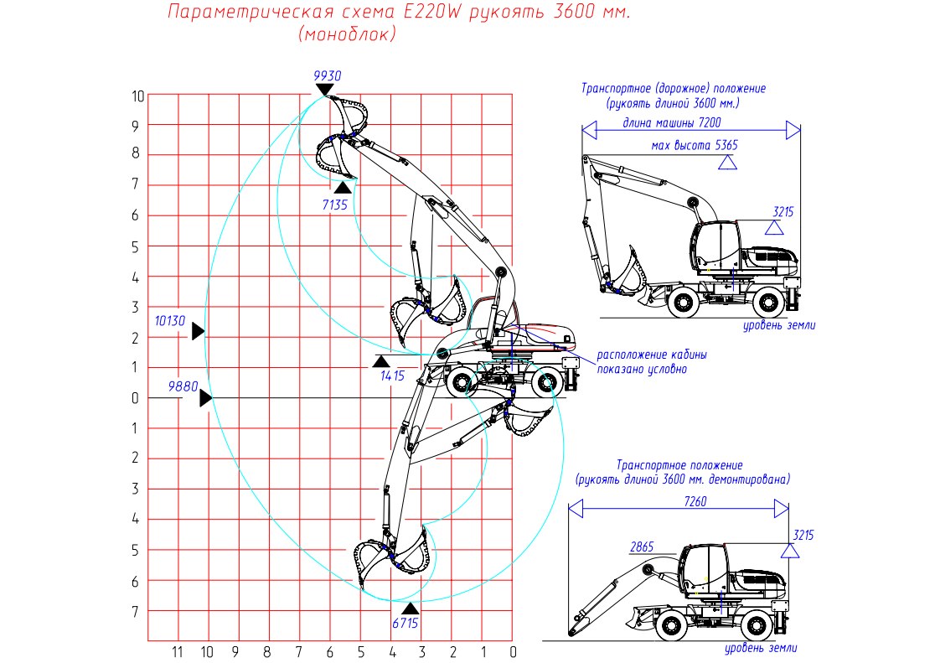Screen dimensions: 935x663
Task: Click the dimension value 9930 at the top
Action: point(328,75)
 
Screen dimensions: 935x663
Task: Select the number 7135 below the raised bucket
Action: point(334,205)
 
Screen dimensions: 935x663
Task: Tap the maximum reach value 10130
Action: point(170,321)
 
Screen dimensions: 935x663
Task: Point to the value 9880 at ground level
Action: point(183,386)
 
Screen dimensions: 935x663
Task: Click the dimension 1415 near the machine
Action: point(392,376)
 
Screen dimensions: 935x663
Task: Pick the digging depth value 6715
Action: point(405,623)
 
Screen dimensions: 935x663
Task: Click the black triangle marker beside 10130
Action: point(198,331)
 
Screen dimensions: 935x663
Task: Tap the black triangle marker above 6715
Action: point(410,609)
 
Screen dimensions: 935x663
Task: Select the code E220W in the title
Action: point(432,12)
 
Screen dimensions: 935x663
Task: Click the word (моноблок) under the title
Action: point(347,34)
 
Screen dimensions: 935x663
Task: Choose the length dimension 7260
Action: point(695,501)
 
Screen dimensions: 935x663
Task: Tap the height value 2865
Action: point(642,546)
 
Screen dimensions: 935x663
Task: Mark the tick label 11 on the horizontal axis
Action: point(177,651)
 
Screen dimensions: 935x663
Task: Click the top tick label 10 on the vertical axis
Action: point(137,96)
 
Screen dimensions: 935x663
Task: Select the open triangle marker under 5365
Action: point(727,163)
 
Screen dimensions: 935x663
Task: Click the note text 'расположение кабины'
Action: point(651,355)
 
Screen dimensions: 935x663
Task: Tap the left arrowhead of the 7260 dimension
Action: point(576,509)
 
